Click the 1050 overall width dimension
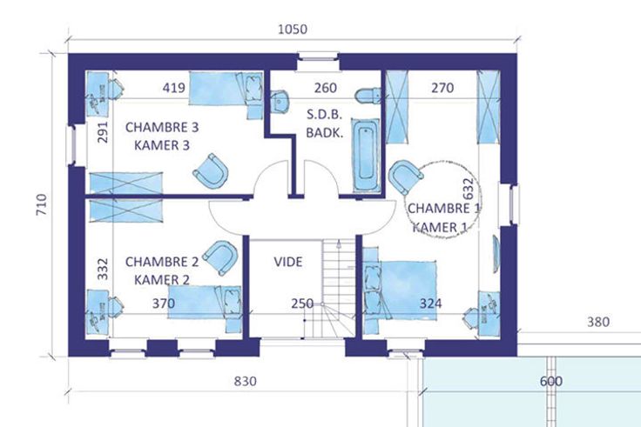tap(293, 30)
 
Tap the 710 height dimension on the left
tap(42, 204)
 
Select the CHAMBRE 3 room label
tap(162, 127)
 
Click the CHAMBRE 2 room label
tap(162, 262)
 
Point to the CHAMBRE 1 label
tap(443, 209)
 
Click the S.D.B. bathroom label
tap(325, 115)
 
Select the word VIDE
tap(288, 262)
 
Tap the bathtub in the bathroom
tap(366, 155)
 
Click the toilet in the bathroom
tap(368, 96)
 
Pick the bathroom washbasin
tap(280, 101)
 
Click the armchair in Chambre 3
tap(211, 171)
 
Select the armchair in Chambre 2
tap(220, 257)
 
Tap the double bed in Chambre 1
tap(400, 290)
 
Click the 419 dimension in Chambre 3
tap(173, 88)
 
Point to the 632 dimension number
tap(469, 189)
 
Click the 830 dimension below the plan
tap(246, 381)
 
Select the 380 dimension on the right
tap(598, 322)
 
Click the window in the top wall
tap(318, 57)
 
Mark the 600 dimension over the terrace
tap(551, 381)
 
